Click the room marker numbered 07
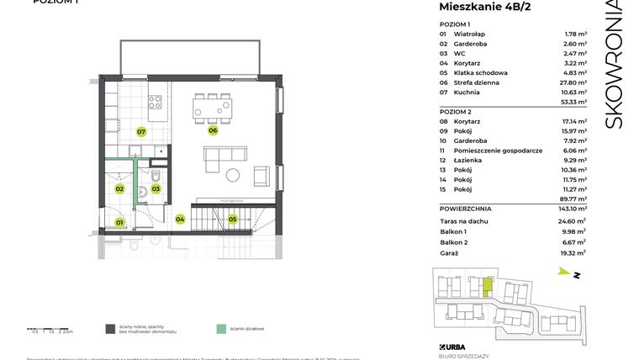pyautogui.click(x=142, y=132)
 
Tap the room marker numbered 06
pyautogui.click(x=214, y=130)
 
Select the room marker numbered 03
pyautogui.click(x=156, y=189)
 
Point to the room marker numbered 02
pyautogui.click(x=119, y=189)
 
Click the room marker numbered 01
pyautogui.click(x=119, y=222)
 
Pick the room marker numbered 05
pyautogui.click(x=233, y=220)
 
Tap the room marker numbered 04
pyautogui.click(x=180, y=220)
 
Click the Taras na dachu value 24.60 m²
pyautogui.click(x=574, y=220)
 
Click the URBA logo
pyautogui.click(x=454, y=346)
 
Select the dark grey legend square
pyautogui.click(x=109, y=329)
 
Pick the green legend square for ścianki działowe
pyautogui.click(x=220, y=329)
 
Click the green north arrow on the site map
pyautogui.click(x=562, y=271)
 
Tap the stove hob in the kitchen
pyautogui.click(x=156, y=103)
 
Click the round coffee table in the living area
pyautogui.click(x=233, y=175)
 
